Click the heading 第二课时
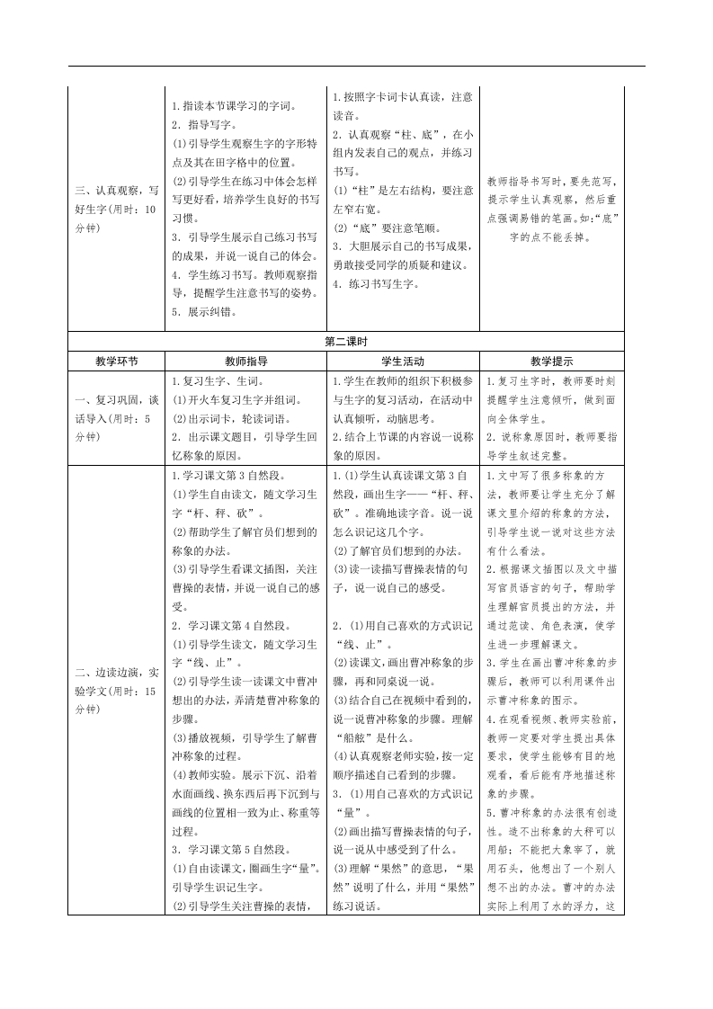click(356, 342)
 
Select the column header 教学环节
click(117, 361)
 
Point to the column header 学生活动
click(403, 361)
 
